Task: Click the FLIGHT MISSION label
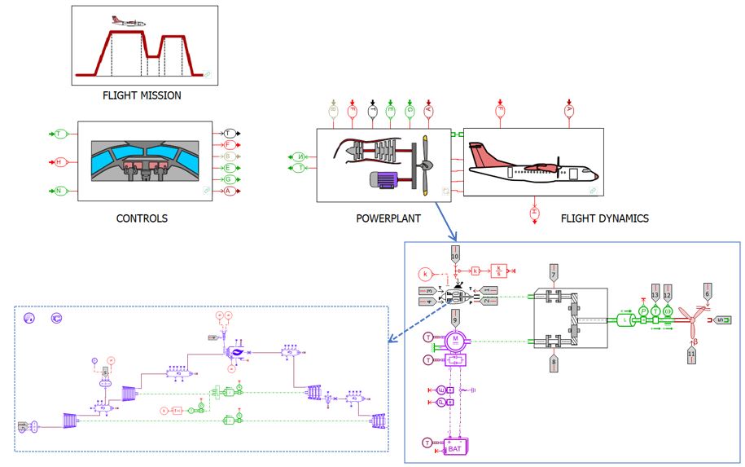point(142,95)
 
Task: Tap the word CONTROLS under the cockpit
point(142,218)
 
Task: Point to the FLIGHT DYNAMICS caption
point(605,218)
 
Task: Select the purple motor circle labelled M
point(457,338)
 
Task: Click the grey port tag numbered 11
point(692,355)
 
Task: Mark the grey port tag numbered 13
point(655,293)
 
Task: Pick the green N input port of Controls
point(59,191)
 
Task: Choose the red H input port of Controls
point(59,161)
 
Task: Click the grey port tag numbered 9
point(456,317)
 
